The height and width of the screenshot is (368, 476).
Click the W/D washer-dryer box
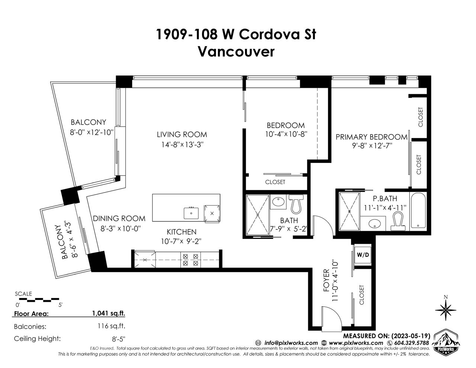click(363, 255)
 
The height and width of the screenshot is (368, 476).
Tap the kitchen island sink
click(191, 213)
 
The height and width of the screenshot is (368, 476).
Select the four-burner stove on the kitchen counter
click(190, 260)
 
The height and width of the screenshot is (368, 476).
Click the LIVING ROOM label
click(182, 134)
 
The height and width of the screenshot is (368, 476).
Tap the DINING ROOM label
click(119, 218)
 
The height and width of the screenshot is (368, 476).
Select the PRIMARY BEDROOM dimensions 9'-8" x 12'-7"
click(372, 146)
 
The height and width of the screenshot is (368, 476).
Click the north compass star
click(446, 310)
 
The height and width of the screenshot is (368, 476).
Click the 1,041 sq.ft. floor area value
click(109, 313)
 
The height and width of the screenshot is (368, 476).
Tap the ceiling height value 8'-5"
click(119, 339)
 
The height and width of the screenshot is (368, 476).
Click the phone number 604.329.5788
click(411, 343)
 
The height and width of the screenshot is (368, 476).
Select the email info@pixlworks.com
click(291, 343)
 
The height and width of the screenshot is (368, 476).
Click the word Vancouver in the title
click(236, 52)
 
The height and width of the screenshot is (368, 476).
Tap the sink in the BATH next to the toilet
click(278, 201)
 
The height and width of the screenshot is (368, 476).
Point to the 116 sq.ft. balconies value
click(111, 326)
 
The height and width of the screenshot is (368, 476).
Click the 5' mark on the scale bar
click(60, 305)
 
